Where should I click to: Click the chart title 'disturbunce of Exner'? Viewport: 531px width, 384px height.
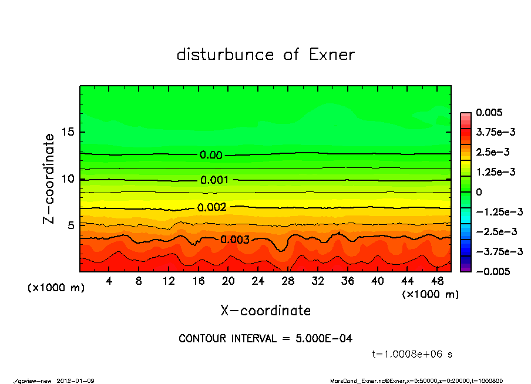click(265, 55)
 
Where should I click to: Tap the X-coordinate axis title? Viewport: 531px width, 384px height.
click(265, 310)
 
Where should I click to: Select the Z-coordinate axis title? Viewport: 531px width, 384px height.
click(49, 178)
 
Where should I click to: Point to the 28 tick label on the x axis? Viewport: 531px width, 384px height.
click(288, 281)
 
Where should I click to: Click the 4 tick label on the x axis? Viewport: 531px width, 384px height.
click(109, 281)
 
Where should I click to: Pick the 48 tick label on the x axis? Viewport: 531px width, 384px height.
click(437, 281)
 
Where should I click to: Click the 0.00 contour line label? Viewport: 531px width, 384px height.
click(211, 156)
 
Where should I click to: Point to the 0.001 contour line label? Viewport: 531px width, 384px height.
click(214, 180)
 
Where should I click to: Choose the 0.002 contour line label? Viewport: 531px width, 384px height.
click(212, 207)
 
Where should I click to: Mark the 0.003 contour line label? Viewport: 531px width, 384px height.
click(236, 240)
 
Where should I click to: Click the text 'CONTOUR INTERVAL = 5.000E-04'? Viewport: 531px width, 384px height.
click(265, 339)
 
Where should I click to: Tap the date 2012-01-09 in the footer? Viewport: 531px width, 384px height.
click(76, 380)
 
